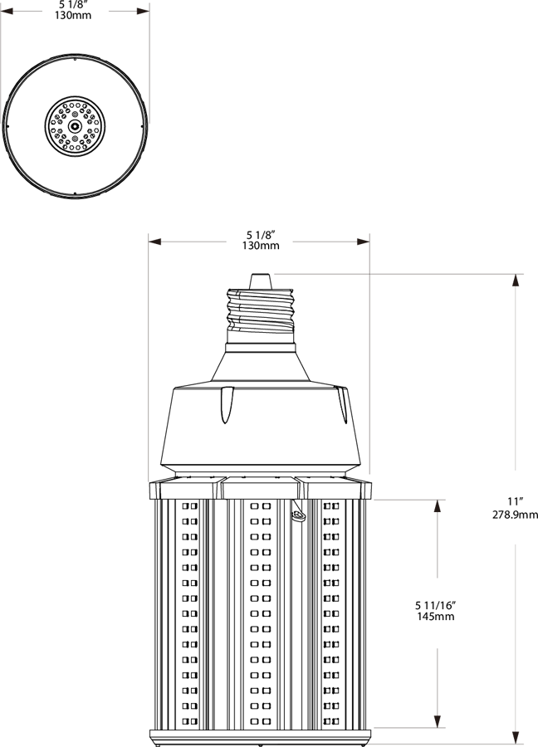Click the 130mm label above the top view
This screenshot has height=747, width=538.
click(75, 15)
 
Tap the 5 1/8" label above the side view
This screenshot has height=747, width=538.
click(260, 234)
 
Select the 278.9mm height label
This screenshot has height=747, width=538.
click(516, 514)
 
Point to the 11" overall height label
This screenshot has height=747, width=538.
click(516, 501)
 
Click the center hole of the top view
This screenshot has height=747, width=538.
click(75, 126)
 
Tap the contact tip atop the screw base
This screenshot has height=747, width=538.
click(260, 281)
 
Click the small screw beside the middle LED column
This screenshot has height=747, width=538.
click(296, 516)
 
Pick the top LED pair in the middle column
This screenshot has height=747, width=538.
click(260, 505)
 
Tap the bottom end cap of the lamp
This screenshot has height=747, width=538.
click(260, 735)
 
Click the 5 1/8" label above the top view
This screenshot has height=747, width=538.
click(75, 4)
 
